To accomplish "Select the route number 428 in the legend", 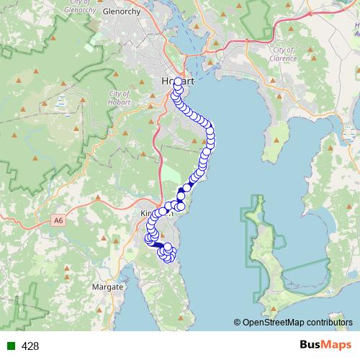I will (30, 346).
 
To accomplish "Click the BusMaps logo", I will (326, 345).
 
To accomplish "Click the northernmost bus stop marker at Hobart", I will (178, 81).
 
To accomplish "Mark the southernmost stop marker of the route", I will (168, 257).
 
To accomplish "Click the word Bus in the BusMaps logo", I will (312, 345).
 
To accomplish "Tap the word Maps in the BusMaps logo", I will (338, 345).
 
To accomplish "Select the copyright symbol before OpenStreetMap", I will (238, 322).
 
